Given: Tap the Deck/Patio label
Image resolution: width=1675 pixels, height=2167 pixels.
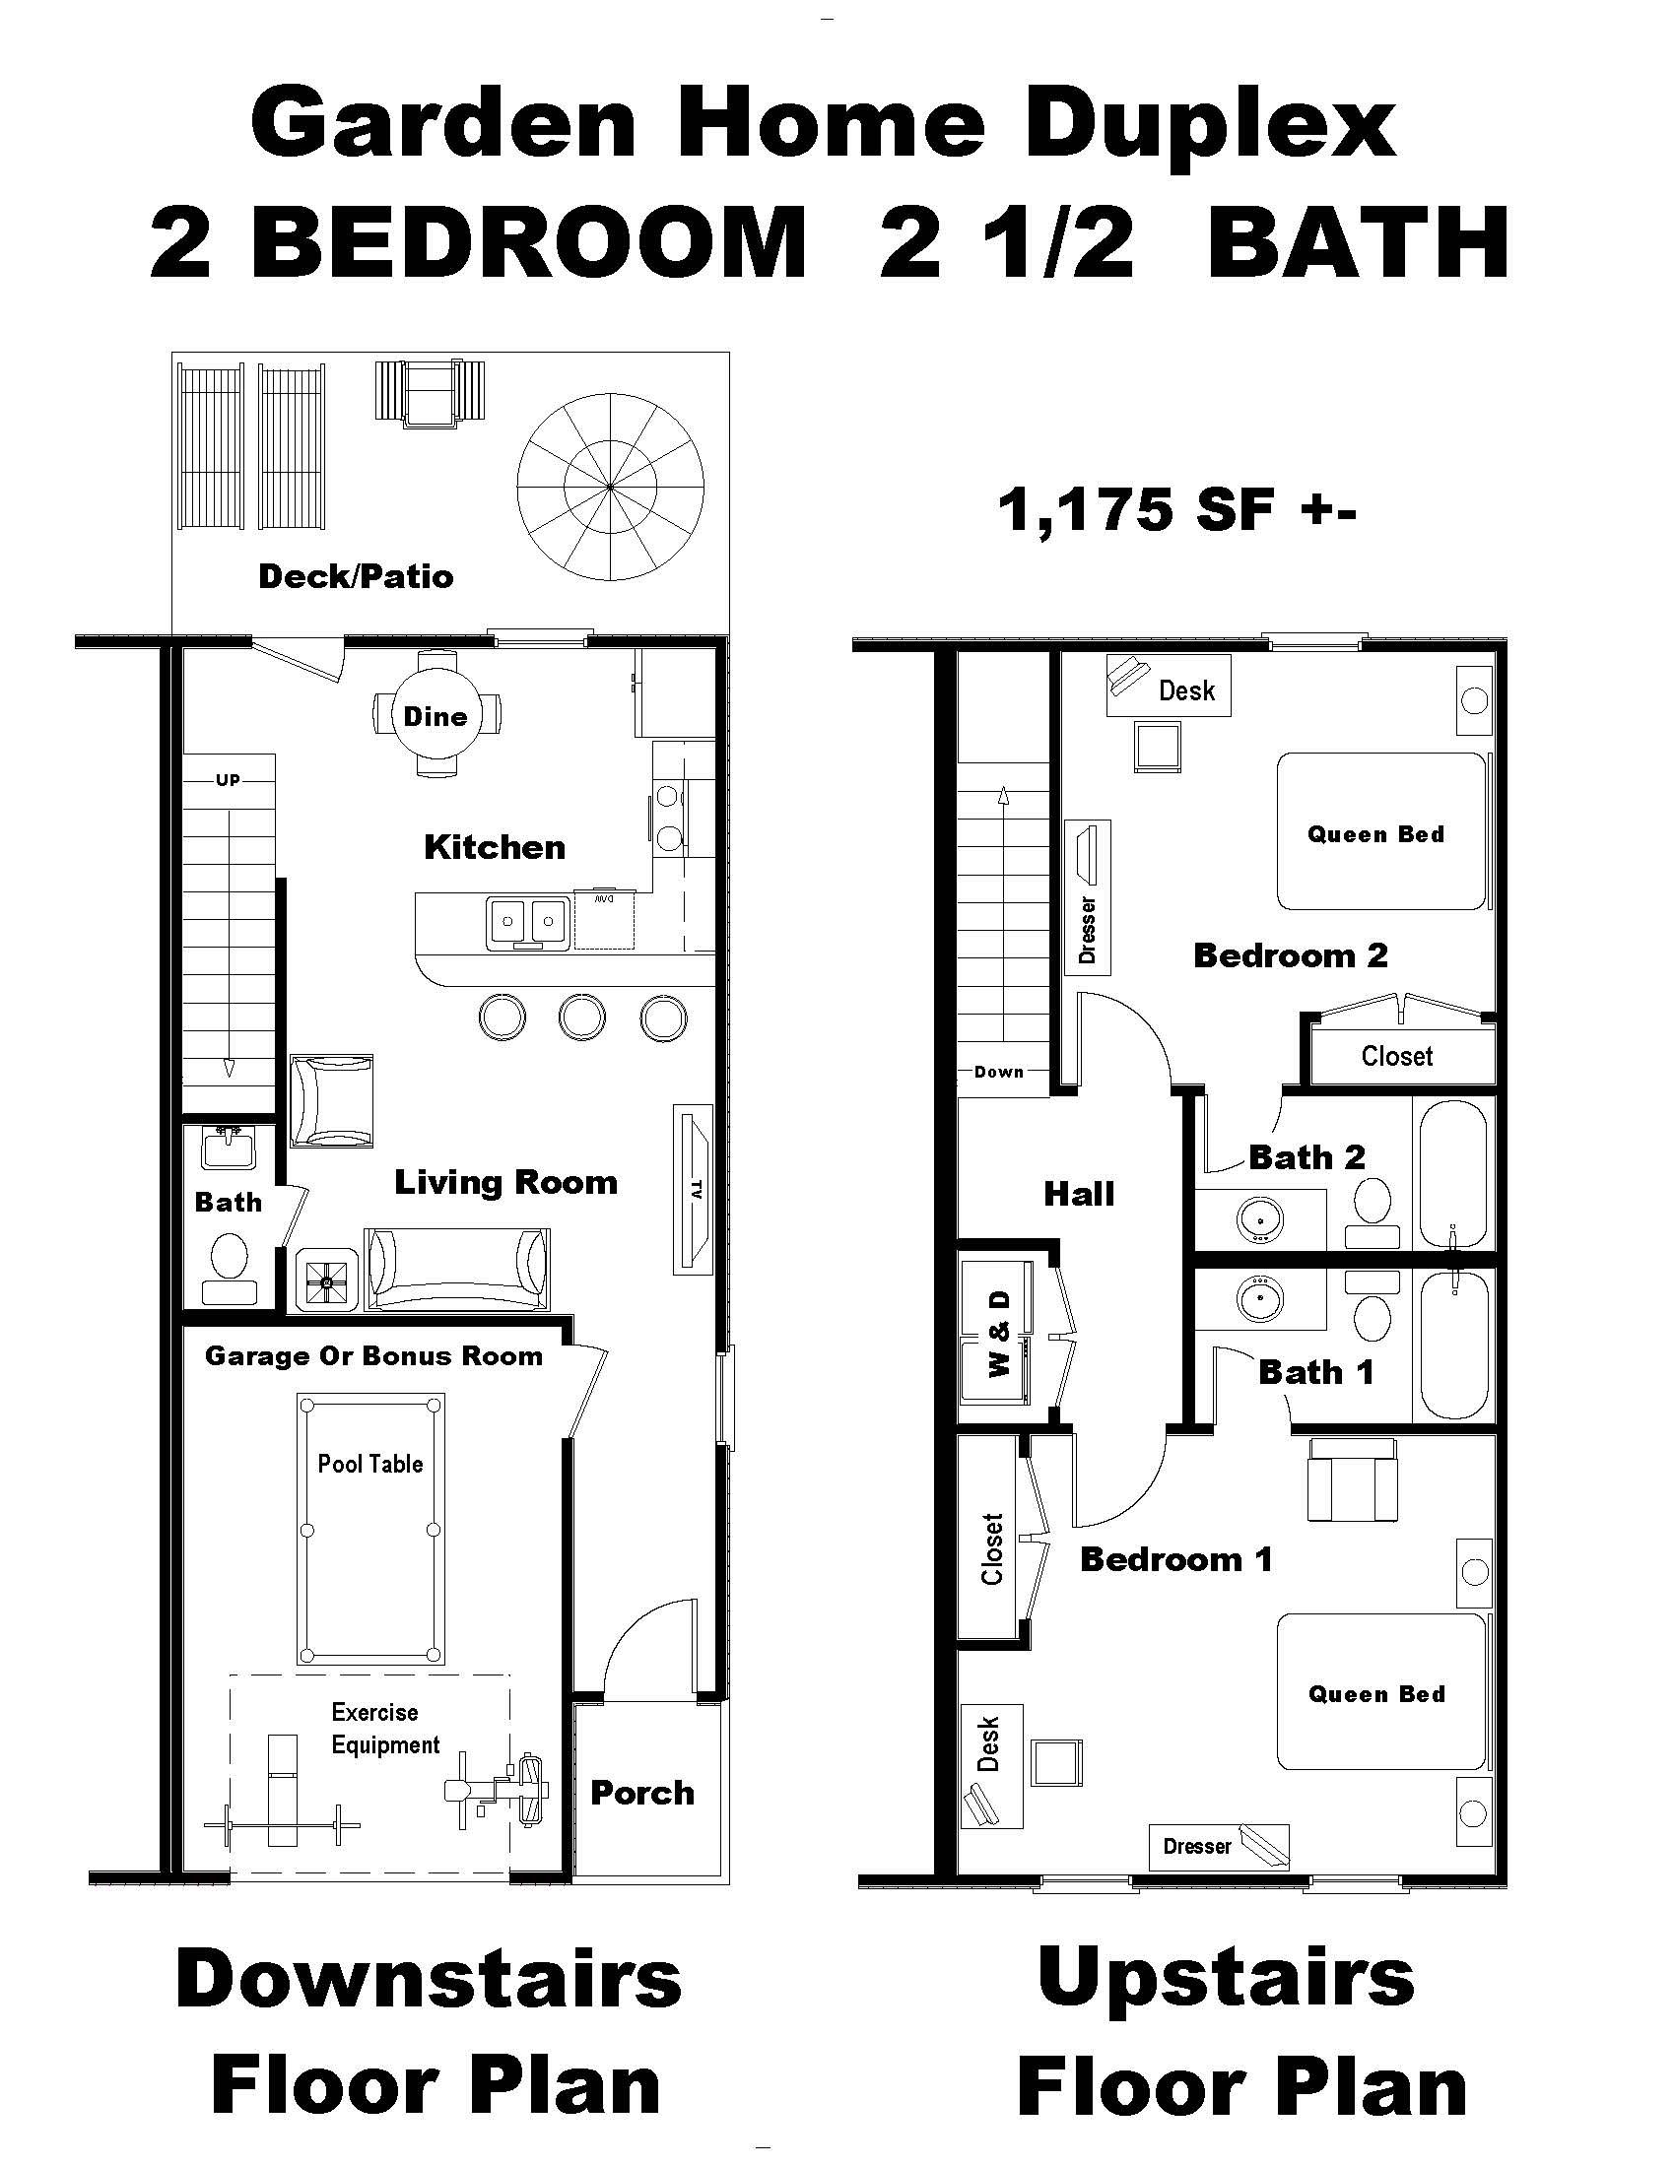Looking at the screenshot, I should [x=356, y=576].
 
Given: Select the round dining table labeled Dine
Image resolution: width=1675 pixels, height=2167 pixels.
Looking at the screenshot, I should [x=435, y=715].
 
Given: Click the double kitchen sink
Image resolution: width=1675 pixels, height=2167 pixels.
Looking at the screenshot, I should [x=527, y=922].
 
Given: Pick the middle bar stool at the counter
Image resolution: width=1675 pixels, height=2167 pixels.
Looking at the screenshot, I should [x=581, y=1018].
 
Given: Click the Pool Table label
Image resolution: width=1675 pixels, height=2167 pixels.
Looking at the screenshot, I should [x=370, y=1464].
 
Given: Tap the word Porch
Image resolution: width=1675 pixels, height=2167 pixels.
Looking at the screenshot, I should [x=642, y=1793].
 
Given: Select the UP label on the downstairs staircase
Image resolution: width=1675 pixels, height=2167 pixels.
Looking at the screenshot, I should [x=229, y=780].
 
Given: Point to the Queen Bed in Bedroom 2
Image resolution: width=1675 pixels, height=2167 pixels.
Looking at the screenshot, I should [x=1375, y=833].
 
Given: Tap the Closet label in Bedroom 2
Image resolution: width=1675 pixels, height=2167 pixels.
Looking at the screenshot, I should [x=1396, y=1056].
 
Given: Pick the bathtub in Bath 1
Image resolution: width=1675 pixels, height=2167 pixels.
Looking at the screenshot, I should [x=1453, y=1346].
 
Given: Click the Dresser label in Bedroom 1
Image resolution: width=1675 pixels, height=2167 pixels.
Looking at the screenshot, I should [x=1197, y=1846].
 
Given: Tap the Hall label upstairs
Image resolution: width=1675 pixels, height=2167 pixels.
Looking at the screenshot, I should [x=1079, y=1194].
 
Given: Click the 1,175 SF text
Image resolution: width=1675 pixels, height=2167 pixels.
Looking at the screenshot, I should [x=1175, y=510].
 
